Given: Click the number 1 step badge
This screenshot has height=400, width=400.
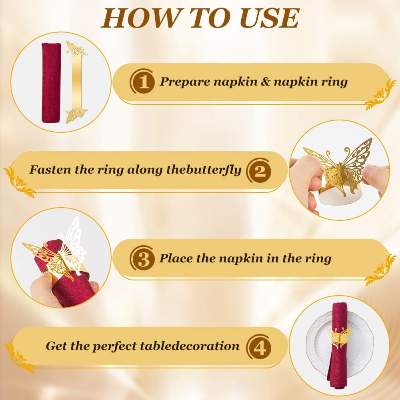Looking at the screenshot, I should [x=142, y=82].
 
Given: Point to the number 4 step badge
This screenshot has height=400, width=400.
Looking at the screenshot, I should [x=259, y=346].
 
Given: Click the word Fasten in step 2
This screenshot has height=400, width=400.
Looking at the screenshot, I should [x=50, y=170].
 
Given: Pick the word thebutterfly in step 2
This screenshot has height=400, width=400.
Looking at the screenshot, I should [x=204, y=170].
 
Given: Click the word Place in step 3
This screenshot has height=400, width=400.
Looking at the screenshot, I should [x=176, y=258].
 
